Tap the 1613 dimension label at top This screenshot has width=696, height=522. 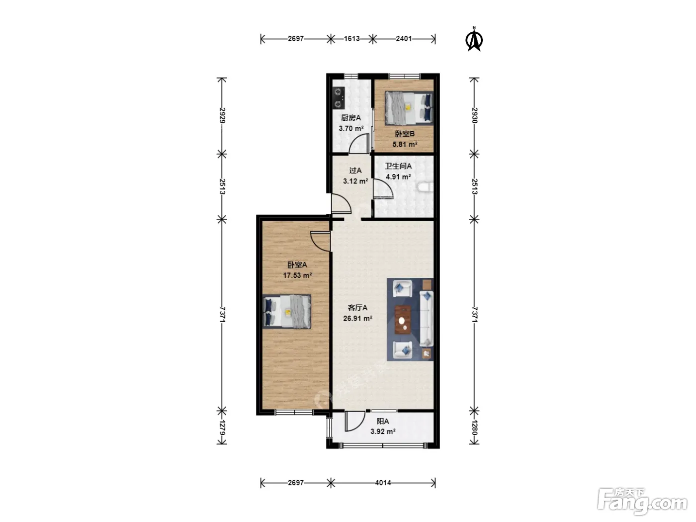pyautogui.click(x=351, y=39)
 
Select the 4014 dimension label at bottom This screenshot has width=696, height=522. pyautogui.click(x=383, y=483)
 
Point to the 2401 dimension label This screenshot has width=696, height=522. pyautogui.click(x=404, y=39)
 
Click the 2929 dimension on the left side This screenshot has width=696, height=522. pyautogui.click(x=222, y=116)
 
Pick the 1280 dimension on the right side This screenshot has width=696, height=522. pyautogui.click(x=474, y=428)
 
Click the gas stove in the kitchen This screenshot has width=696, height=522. pyautogui.click(x=339, y=97)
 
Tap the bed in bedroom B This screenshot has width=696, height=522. pyautogui.click(x=409, y=108)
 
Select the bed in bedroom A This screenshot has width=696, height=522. pyautogui.click(x=287, y=312)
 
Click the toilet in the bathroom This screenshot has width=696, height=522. pyautogui.click(x=426, y=187)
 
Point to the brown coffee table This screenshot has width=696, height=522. pyautogui.click(x=403, y=320)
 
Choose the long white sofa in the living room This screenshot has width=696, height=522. pyautogui.click(x=427, y=318)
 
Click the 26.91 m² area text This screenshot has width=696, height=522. pyautogui.click(x=357, y=318)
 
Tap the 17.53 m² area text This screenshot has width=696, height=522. pyautogui.click(x=297, y=275)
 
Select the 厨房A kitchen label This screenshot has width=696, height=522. pyautogui.click(x=350, y=118)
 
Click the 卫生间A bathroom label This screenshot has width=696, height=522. pyautogui.click(x=398, y=166)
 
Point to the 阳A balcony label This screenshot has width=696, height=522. pyautogui.click(x=383, y=421)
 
